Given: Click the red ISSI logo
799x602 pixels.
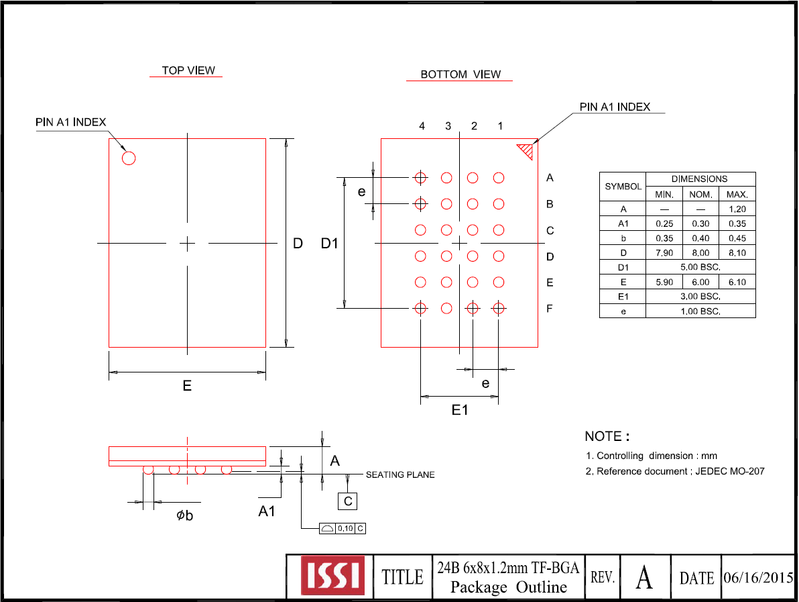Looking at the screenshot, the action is pos(332,575).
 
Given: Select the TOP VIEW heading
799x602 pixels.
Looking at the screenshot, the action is pos(188,70).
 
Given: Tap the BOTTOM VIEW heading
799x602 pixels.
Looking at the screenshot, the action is pos(460,74).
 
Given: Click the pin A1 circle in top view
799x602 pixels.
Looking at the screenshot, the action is pos(129,158).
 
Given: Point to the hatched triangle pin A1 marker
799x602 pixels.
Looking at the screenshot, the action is pos(527,150).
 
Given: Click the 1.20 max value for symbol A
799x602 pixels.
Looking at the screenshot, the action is pos(737,209).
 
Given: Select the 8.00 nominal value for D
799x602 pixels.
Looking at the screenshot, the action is pos(700,253).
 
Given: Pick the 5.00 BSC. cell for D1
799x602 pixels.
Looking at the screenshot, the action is pos(700,267).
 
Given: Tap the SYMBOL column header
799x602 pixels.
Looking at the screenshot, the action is pos(623,187).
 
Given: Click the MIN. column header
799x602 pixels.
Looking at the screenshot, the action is pos(664,195).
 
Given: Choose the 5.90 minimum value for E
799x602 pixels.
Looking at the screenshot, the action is pos(664,282).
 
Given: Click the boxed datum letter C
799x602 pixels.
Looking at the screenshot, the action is pos(347,501).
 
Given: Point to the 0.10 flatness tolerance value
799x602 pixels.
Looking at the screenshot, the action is pos(345,529).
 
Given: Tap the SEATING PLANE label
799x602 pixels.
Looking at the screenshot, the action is pos(400,475).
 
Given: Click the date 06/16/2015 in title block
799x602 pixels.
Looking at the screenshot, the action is pos(758,578).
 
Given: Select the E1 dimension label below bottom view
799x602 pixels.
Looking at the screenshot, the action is pos(460,409).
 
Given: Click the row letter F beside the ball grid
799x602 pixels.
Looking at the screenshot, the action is pos(550,308).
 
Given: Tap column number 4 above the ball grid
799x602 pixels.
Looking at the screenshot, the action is pos(422,126).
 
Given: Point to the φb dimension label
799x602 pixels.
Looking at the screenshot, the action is pos(185,515).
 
